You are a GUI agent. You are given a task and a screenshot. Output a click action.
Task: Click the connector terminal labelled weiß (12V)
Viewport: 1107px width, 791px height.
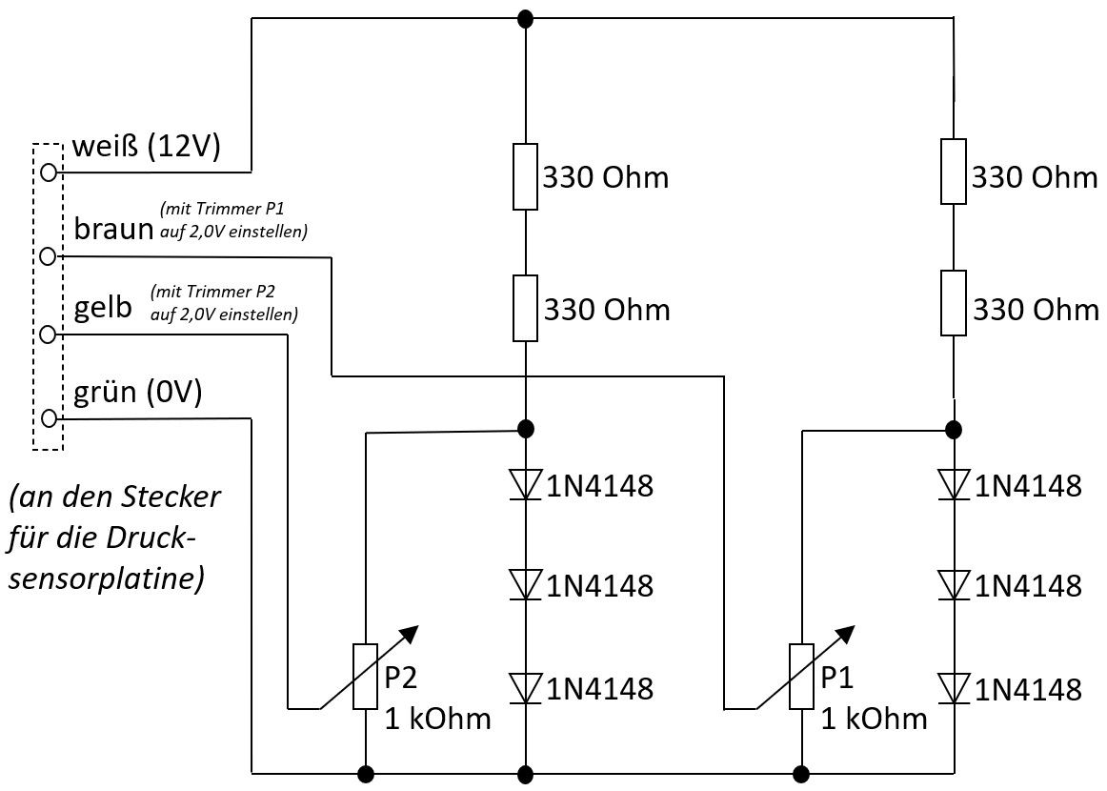pyautogui.click(x=48, y=172)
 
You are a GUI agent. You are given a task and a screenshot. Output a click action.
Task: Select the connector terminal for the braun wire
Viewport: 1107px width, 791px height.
pyautogui.click(x=48, y=255)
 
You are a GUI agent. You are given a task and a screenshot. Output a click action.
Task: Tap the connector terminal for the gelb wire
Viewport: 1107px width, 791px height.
pyautogui.click(x=48, y=335)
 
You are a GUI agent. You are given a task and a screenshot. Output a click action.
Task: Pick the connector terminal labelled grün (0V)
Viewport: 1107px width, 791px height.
pyautogui.click(x=48, y=418)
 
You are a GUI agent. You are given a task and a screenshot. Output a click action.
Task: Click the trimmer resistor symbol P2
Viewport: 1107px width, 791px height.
pyautogui.click(x=365, y=676)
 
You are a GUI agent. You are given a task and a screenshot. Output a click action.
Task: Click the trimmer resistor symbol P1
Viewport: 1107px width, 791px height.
pyautogui.click(x=801, y=676)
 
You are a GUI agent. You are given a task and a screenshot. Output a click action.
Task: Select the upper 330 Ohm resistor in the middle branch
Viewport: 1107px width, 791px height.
pyautogui.click(x=525, y=176)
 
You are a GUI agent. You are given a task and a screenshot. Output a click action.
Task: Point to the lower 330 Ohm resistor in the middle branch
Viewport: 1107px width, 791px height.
pyautogui.click(x=525, y=308)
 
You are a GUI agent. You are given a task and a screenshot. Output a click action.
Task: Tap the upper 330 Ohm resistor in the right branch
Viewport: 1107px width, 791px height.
pyautogui.click(x=954, y=172)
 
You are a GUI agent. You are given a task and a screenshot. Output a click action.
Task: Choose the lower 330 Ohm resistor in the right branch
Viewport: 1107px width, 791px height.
pyautogui.click(x=954, y=302)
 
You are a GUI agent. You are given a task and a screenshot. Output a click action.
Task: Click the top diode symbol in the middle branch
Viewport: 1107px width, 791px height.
pyautogui.click(x=525, y=485)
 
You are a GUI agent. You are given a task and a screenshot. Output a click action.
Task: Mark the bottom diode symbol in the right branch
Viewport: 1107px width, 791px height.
pyautogui.click(x=954, y=688)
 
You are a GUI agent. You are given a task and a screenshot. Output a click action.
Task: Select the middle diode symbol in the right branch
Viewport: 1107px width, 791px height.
pyautogui.click(x=954, y=585)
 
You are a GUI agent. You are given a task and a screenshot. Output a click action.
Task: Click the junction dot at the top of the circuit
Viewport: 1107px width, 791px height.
pyautogui.click(x=525, y=19)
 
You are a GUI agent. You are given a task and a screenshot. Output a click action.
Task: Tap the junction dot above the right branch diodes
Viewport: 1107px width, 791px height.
pyautogui.click(x=954, y=429)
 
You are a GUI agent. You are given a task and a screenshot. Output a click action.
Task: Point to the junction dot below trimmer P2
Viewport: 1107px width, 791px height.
pyautogui.click(x=365, y=773)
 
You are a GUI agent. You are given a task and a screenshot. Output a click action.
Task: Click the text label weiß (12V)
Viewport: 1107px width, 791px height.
pyautogui.click(x=147, y=146)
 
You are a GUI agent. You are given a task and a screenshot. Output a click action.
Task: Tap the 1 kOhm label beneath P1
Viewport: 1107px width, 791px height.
pyautogui.click(x=874, y=719)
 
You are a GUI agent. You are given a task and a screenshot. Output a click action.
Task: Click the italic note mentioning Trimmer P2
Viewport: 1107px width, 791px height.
pyautogui.click(x=223, y=302)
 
